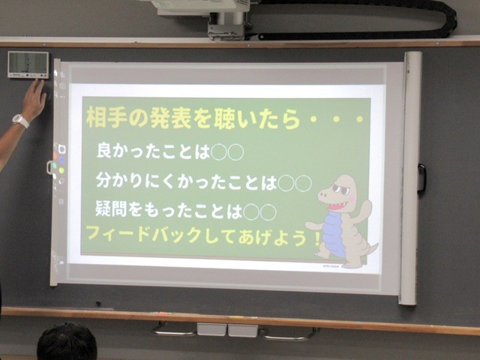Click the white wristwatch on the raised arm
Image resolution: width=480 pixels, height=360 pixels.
pyautogui.click(x=21, y=121)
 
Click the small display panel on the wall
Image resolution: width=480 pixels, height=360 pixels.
pyautogui.click(x=28, y=64)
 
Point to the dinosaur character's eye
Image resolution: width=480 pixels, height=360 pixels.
pyautogui.click(x=340, y=189)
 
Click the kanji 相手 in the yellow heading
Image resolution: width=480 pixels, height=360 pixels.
pyautogui.click(x=106, y=118)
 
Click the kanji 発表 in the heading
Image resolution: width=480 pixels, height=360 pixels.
pyautogui.click(x=170, y=118)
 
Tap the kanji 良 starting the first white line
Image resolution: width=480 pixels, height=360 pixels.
pyautogui.click(x=104, y=150)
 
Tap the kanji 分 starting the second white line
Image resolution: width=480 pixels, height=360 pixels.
pyautogui.click(x=103, y=180)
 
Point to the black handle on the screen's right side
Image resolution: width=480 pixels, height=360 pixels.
pyautogui.click(x=421, y=178)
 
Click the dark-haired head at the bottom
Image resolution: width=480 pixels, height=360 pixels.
pyautogui.click(x=67, y=342)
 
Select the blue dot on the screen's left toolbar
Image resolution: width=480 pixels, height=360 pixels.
pyautogui.click(x=62, y=160)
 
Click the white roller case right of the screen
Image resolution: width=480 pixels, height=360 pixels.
pyautogui.click(x=410, y=178)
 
